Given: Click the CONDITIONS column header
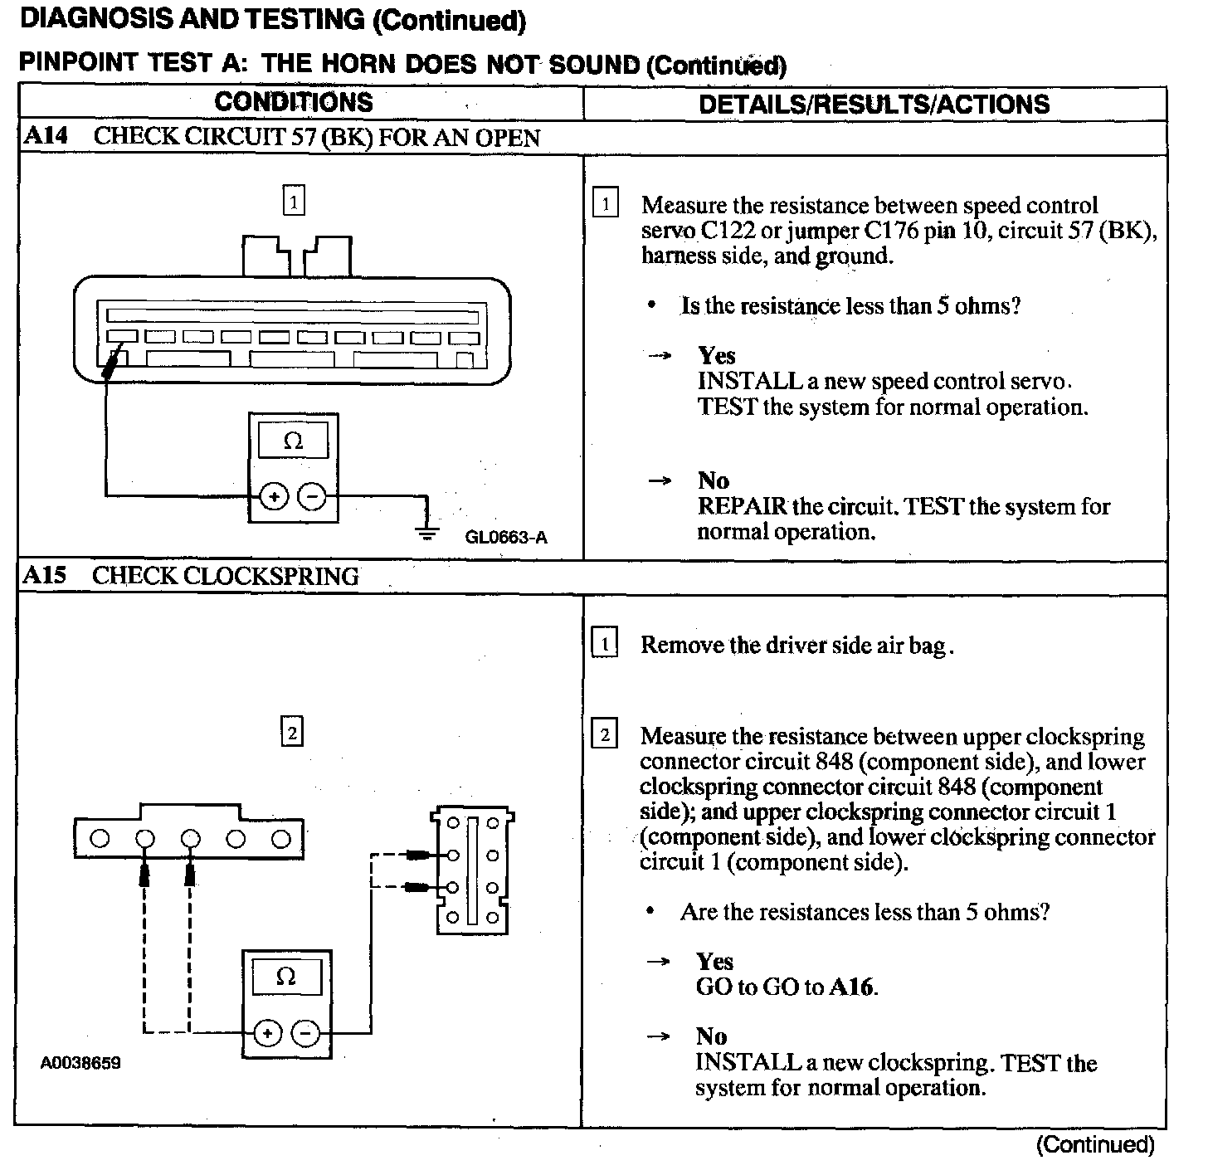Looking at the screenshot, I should click(294, 102).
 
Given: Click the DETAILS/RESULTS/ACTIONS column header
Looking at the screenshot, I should click(874, 105).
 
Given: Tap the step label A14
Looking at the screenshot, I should click(46, 136).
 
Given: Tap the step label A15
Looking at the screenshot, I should click(45, 576).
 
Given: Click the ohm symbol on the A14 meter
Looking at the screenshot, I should click(293, 441).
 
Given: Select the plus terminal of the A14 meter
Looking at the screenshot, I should click(274, 497).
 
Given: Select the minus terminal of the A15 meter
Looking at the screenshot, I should click(306, 1033).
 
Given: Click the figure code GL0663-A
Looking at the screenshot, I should click(506, 537).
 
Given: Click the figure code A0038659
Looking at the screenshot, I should click(80, 1063).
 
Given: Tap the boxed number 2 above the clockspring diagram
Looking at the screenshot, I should click(291, 733).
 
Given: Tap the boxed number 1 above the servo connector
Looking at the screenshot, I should click(294, 201).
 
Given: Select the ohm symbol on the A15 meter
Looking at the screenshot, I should click(285, 977).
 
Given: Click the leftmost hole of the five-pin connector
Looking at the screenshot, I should click(100, 839).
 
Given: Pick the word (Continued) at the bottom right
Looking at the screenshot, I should click(1095, 1145).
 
